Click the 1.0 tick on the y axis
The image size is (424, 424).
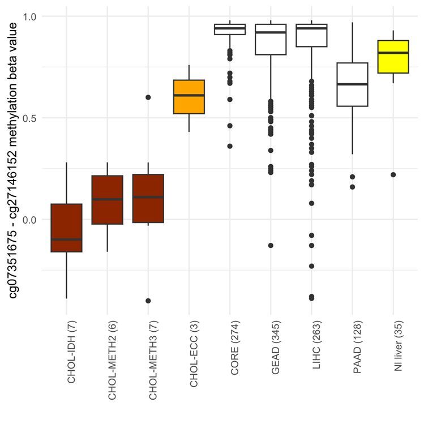pyautogui.click(x=29, y=16)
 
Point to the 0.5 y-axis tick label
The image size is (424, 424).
pyautogui.click(x=29, y=118)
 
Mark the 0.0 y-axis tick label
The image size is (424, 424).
pyautogui.click(x=29, y=220)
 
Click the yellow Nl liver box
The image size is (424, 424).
pyautogui.click(x=393, y=57)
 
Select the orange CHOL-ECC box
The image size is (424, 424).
pyautogui.click(x=189, y=97)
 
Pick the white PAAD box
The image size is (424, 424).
pyautogui.click(x=352, y=84)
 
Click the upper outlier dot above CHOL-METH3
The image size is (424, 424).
pyautogui.click(x=148, y=97)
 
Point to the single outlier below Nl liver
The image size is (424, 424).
pyautogui.click(x=393, y=174)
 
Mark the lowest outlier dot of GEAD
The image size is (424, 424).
pyautogui.click(x=271, y=245)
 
